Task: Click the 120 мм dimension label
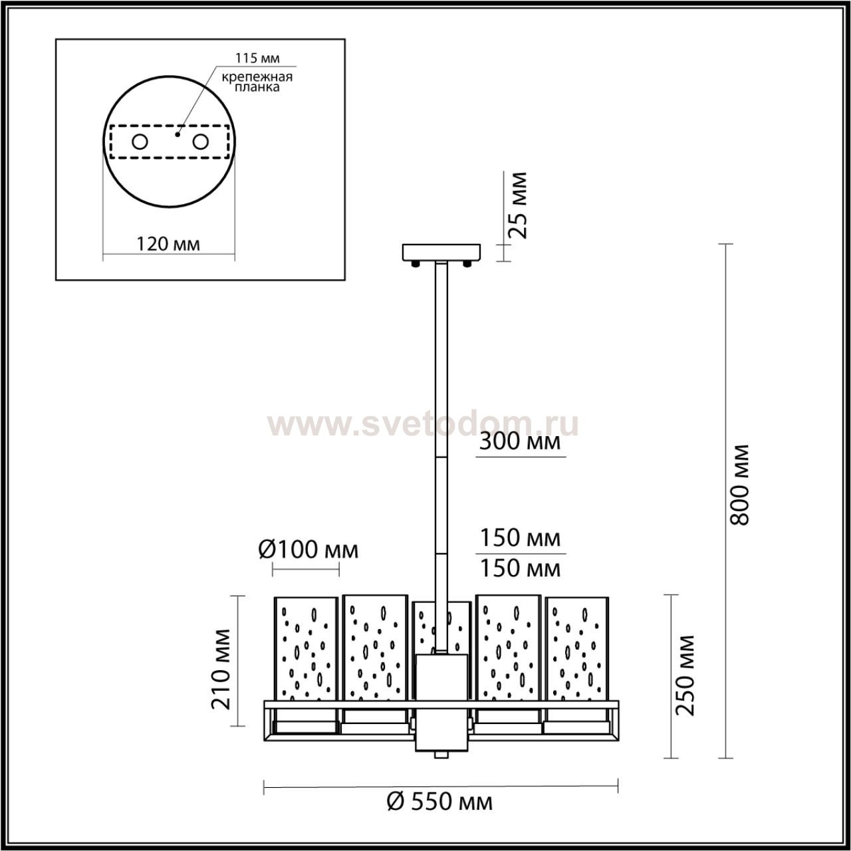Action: click(x=168, y=243)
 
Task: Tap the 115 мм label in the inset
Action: click(x=257, y=58)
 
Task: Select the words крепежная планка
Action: click(x=257, y=82)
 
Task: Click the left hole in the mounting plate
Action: click(x=140, y=142)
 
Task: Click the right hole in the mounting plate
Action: click(x=201, y=142)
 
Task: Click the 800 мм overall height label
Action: click(x=739, y=485)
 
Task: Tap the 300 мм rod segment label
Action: click(x=520, y=441)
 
